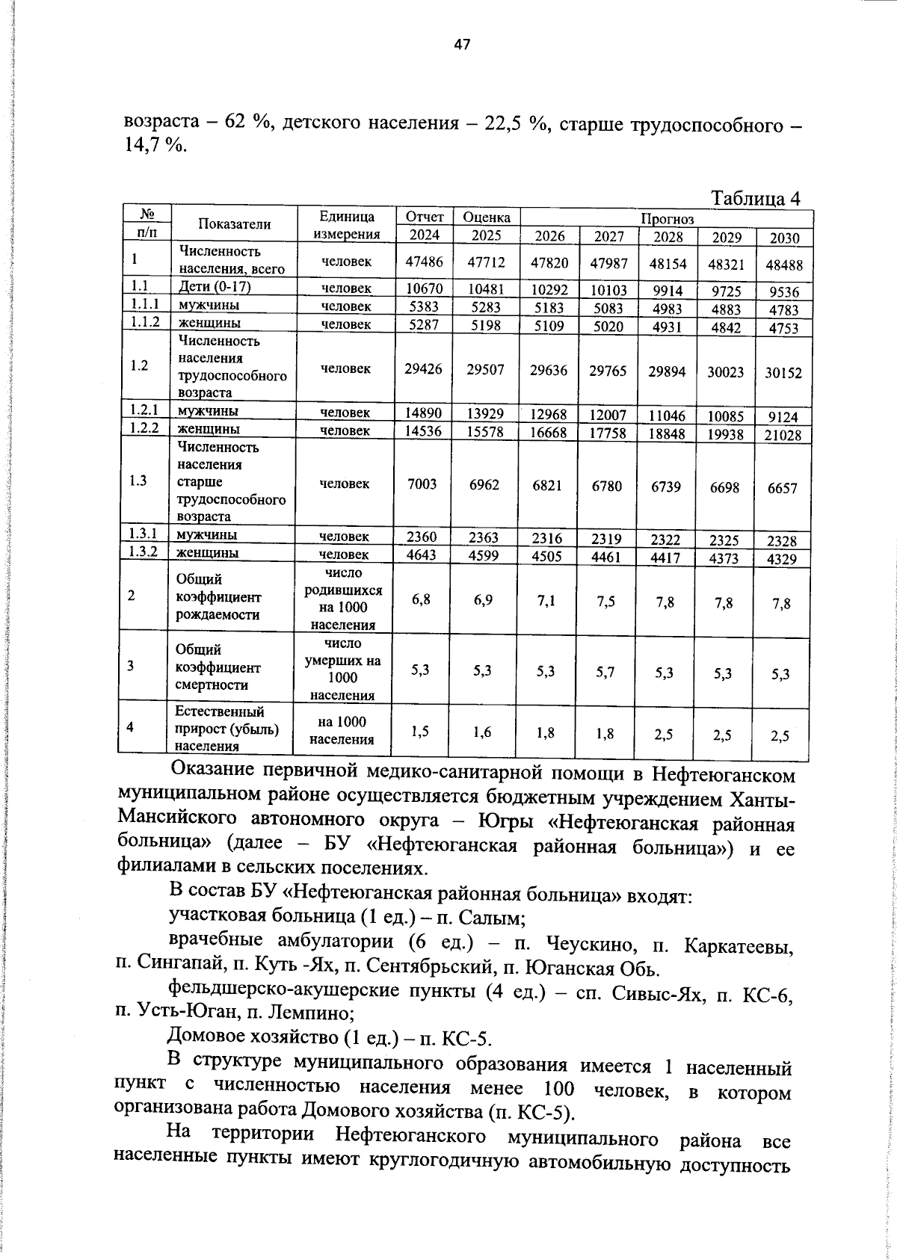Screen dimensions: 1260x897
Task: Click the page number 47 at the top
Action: click(x=462, y=45)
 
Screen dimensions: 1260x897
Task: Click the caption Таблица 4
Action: click(x=755, y=198)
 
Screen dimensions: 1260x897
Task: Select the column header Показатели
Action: click(x=234, y=224)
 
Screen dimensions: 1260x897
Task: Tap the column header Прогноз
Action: click(x=666, y=218)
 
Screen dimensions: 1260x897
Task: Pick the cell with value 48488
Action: click(x=783, y=265)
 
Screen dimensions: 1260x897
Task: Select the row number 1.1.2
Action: click(x=145, y=323)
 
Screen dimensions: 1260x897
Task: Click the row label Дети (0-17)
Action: click(x=214, y=287)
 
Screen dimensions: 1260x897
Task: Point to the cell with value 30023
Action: click(x=725, y=371)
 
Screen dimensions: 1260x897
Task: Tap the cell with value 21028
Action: click(x=783, y=436)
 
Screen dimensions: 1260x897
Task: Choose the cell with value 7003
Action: click(x=422, y=484)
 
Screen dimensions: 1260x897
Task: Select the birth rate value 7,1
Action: click(x=546, y=602)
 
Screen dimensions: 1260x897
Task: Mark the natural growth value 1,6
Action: click(x=483, y=732)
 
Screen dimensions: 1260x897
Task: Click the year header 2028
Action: click(x=668, y=237)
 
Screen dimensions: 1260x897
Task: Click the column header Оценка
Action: click(x=486, y=217)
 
